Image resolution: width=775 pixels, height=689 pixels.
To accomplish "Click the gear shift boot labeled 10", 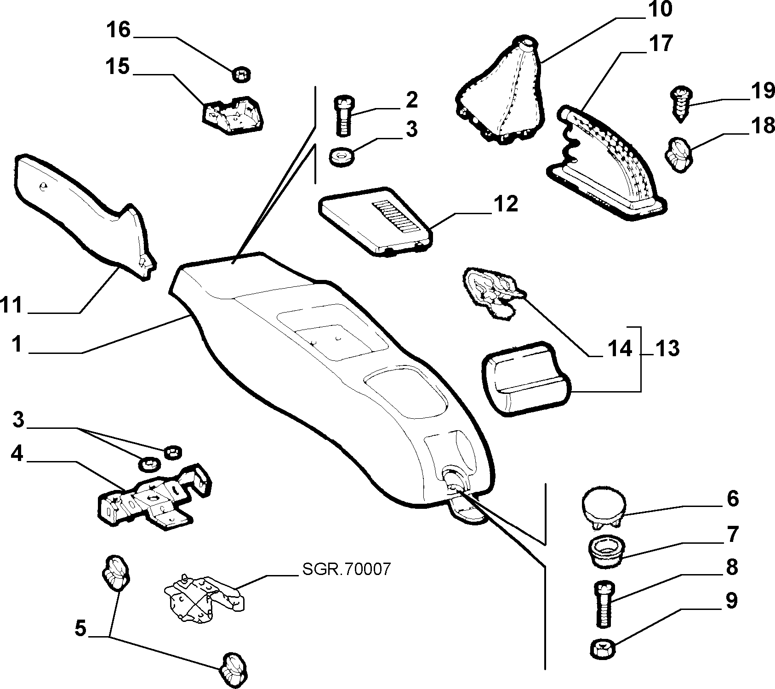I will (501, 92).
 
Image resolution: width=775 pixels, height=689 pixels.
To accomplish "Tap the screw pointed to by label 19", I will (680, 104).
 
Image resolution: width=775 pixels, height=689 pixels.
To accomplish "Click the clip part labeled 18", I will (678, 154).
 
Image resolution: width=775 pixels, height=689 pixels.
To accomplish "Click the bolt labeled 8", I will (604, 603).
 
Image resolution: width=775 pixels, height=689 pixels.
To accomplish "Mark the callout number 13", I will (667, 348).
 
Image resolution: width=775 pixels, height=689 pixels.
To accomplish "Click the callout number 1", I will (17, 344).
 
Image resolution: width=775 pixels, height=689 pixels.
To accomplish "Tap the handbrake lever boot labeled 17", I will (607, 165).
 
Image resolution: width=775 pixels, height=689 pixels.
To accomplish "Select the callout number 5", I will (80, 628).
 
